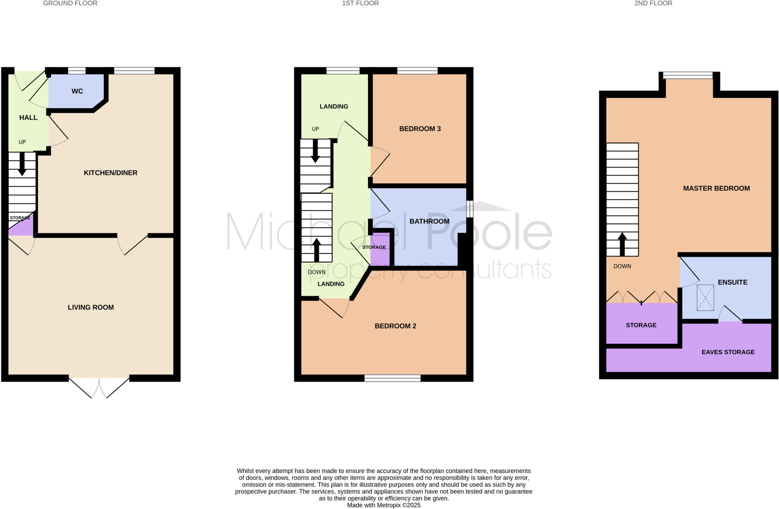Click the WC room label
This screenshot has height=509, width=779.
click(77, 91)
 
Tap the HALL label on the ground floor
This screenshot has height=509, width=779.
click(29, 118)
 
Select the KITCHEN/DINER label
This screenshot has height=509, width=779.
click(110, 173)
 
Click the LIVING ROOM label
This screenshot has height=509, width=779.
click(91, 308)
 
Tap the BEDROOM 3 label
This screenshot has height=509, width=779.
click(420, 129)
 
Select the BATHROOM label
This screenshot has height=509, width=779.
click(429, 221)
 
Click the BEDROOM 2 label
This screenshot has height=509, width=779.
click(395, 326)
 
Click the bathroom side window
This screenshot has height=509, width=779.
click(470, 209)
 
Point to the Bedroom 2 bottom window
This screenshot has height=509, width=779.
click(393, 378)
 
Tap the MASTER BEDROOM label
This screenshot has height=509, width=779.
click(716, 189)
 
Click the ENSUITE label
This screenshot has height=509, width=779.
click(732, 282)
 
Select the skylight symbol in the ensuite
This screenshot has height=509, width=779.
click(705, 298)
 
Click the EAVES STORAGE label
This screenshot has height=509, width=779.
click(728, 352)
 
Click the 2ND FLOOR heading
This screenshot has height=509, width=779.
click(653, 3)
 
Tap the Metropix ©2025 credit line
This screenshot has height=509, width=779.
click(383, 505)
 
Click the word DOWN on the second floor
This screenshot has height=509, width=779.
click(622, 266)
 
